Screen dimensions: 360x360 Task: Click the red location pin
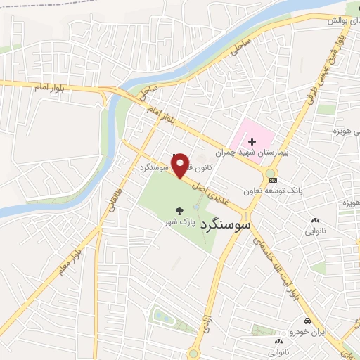tap(181, 165)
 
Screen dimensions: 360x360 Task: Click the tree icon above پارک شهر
tap(181, 210)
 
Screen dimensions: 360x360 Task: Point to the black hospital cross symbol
tap(252, 141)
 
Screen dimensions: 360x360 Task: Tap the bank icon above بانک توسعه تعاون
tap(273, 181)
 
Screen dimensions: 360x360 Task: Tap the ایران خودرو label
tap(307, 330)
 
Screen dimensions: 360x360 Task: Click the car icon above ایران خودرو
tap(307, 320)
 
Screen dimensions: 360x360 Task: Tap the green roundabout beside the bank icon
tap(270, 172)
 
